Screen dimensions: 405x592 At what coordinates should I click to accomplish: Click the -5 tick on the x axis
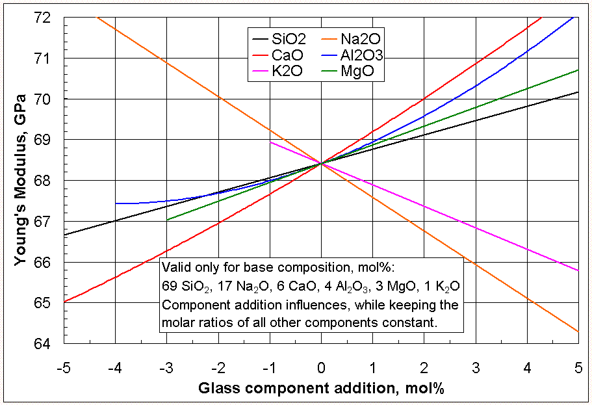pos(63,368)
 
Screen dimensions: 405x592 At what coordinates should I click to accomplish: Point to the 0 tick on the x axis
pos(321,368)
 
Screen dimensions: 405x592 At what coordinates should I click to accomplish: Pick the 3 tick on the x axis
pos(476,368)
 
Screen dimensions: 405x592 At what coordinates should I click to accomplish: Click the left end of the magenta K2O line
pos(270,142)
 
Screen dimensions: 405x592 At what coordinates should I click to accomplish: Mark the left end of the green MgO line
pos(167,220)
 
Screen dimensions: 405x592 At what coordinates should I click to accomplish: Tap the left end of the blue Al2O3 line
pos(116,203)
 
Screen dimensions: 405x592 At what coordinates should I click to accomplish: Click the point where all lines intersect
pos(321,163)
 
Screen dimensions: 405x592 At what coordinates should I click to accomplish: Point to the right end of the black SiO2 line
pos(578,92)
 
